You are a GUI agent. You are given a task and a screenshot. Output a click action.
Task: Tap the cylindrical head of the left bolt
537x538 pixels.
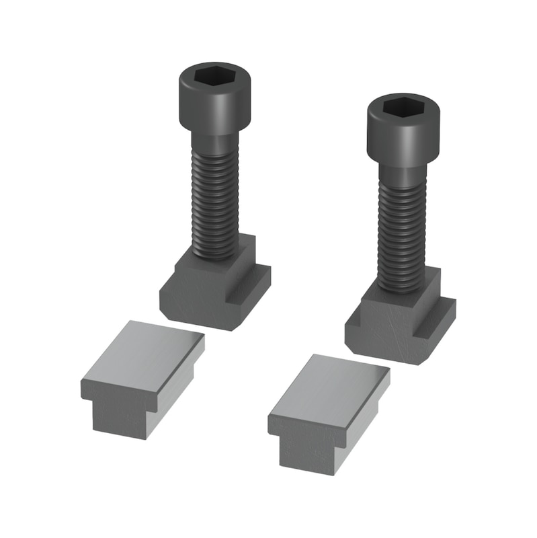coord(214,108)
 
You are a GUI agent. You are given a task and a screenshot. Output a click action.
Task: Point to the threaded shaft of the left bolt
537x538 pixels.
coord(214,202)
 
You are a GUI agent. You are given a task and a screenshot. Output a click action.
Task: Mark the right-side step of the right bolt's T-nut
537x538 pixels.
coord(437,316)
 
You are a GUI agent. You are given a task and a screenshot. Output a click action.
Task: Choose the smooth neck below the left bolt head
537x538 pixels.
coord(214,143)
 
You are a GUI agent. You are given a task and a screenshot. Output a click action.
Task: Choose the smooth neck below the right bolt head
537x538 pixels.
coord(401,173)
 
